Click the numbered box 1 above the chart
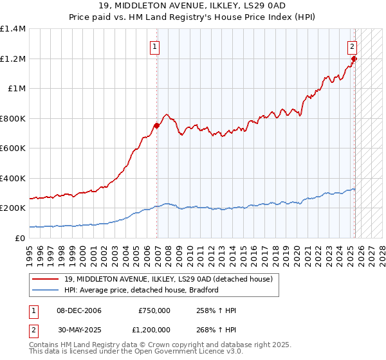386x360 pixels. tap(155, 46)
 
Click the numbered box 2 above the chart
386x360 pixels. tap(353, 46)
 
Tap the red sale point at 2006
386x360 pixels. tap(157, 125)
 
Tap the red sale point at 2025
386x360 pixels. tap(354, 59)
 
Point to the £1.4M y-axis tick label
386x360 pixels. tap(13, 29)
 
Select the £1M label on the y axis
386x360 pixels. tap(16, 89)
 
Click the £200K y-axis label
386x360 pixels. tap(13, 208)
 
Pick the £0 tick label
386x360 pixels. tap(19, 238)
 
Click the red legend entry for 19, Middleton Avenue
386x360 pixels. tap(169, 279)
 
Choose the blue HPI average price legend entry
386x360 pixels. tap(142, 290)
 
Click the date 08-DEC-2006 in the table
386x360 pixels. tap(78, 310)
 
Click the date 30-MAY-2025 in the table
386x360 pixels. tap(78, 330)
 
